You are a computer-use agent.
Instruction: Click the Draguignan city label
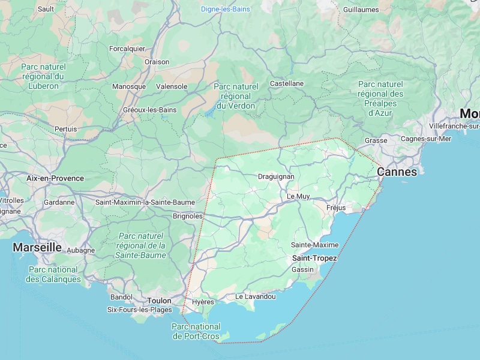276,176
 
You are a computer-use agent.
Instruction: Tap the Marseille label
37,247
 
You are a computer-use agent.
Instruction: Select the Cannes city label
397,172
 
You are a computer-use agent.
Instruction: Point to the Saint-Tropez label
314,258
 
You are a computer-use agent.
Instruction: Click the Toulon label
159,301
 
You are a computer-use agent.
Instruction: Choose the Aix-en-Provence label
55,178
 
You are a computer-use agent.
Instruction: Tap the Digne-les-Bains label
226,9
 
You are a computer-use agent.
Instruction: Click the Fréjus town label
336,208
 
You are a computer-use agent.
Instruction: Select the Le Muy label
298,196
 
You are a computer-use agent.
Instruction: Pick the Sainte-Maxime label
314,245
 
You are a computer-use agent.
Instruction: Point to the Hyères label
203,302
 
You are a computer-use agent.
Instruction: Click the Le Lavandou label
256,296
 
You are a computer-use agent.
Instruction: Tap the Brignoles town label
187,215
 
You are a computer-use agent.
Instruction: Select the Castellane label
287,83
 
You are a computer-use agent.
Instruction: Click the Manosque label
129,86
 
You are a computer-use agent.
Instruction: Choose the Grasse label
376,140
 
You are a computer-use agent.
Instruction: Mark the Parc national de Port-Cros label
197,331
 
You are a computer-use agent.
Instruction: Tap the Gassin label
302,269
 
